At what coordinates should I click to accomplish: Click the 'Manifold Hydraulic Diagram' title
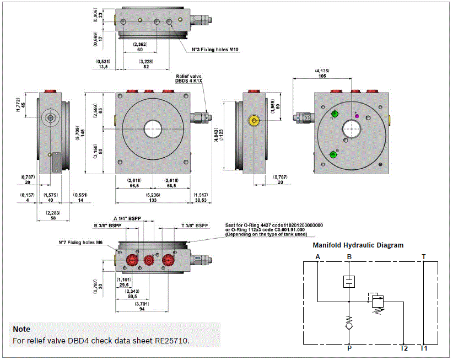click(358, 245)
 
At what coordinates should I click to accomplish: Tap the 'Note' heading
click(21, 329)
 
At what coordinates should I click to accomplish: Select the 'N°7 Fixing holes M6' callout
click(81, 243)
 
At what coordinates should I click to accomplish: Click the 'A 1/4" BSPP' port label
click(127, 218)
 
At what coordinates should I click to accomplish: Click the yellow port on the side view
click(254, 120)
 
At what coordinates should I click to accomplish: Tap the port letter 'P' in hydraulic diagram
click(349, 348)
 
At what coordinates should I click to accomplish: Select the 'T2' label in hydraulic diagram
click(404, 348)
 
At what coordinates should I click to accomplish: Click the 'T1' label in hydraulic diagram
click(423, 348)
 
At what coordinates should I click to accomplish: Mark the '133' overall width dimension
click(153, 201)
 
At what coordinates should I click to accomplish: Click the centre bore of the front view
click(153, 130)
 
